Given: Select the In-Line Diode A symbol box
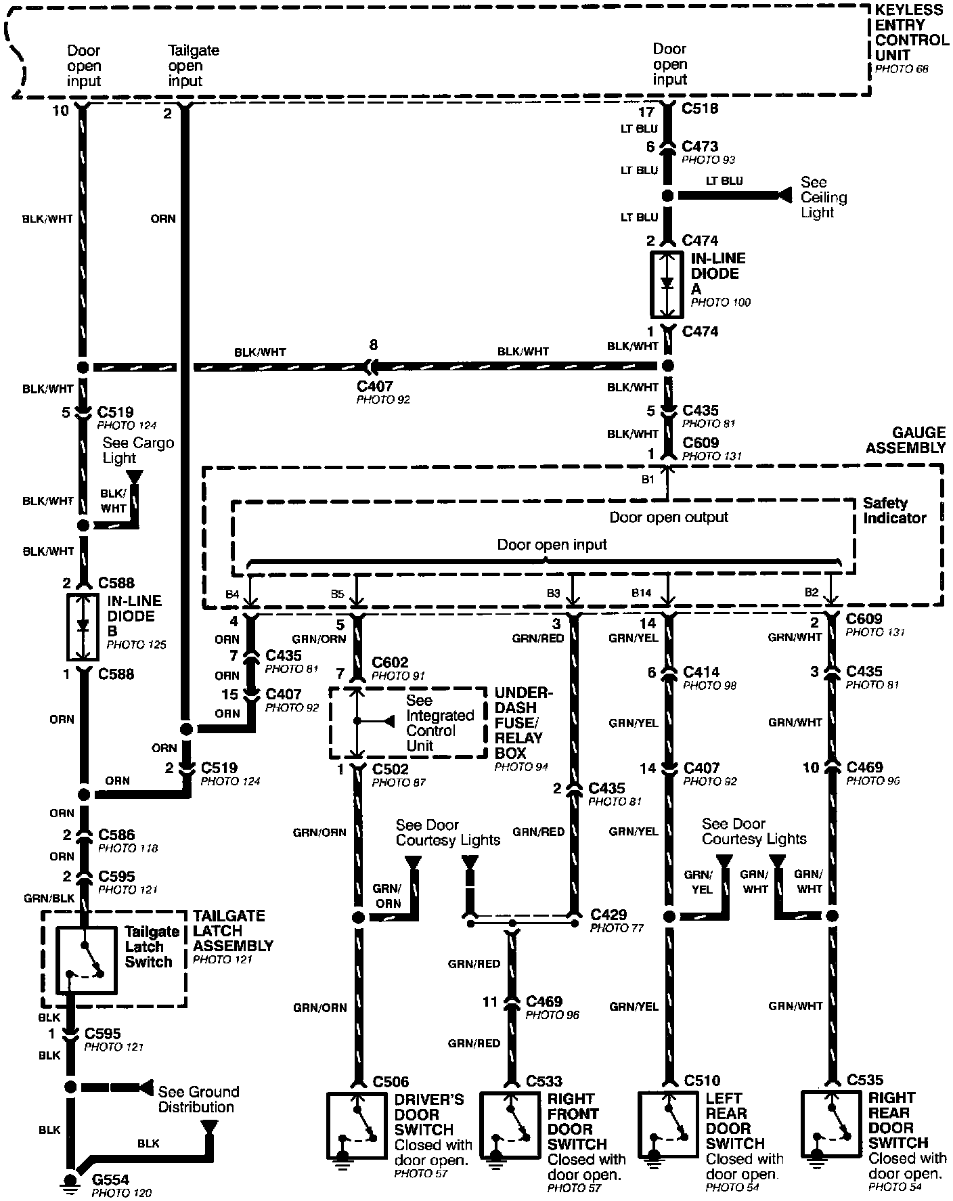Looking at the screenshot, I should point(667,284).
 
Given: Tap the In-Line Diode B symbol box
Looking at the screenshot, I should point(83,626).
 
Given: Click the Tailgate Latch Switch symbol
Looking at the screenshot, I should point(85,958).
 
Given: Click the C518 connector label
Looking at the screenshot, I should point(700,108).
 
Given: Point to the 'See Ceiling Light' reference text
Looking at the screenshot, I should point(823,197).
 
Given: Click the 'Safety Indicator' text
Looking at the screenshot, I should point(894,510).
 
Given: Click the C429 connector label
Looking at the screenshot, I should point(608,915).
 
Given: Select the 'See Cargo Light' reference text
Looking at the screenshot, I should point(137,450).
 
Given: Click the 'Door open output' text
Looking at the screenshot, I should point(668,517).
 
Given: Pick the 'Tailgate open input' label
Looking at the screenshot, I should point(193,66).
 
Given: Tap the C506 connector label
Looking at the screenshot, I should point(391,1082).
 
